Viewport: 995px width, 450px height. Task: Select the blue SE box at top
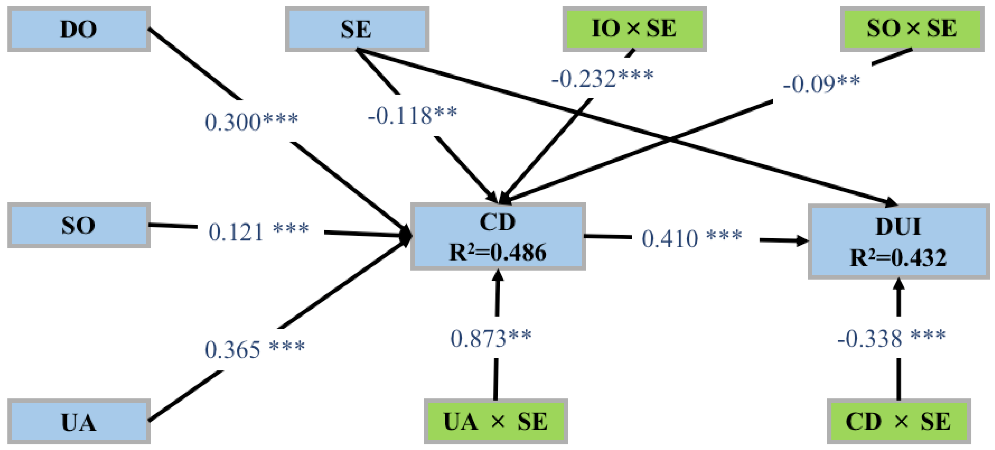click(357, 29)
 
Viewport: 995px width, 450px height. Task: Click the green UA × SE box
click(496, 421)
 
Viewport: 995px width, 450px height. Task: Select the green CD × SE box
click(898, 421)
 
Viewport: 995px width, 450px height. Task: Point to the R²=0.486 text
click(498, 252)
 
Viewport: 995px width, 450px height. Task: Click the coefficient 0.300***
click(251, 121)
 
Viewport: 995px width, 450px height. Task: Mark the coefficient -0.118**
click(412, 115)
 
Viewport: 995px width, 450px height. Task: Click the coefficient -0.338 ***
click(891, 338)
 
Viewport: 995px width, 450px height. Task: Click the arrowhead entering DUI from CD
click(803, 240)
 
